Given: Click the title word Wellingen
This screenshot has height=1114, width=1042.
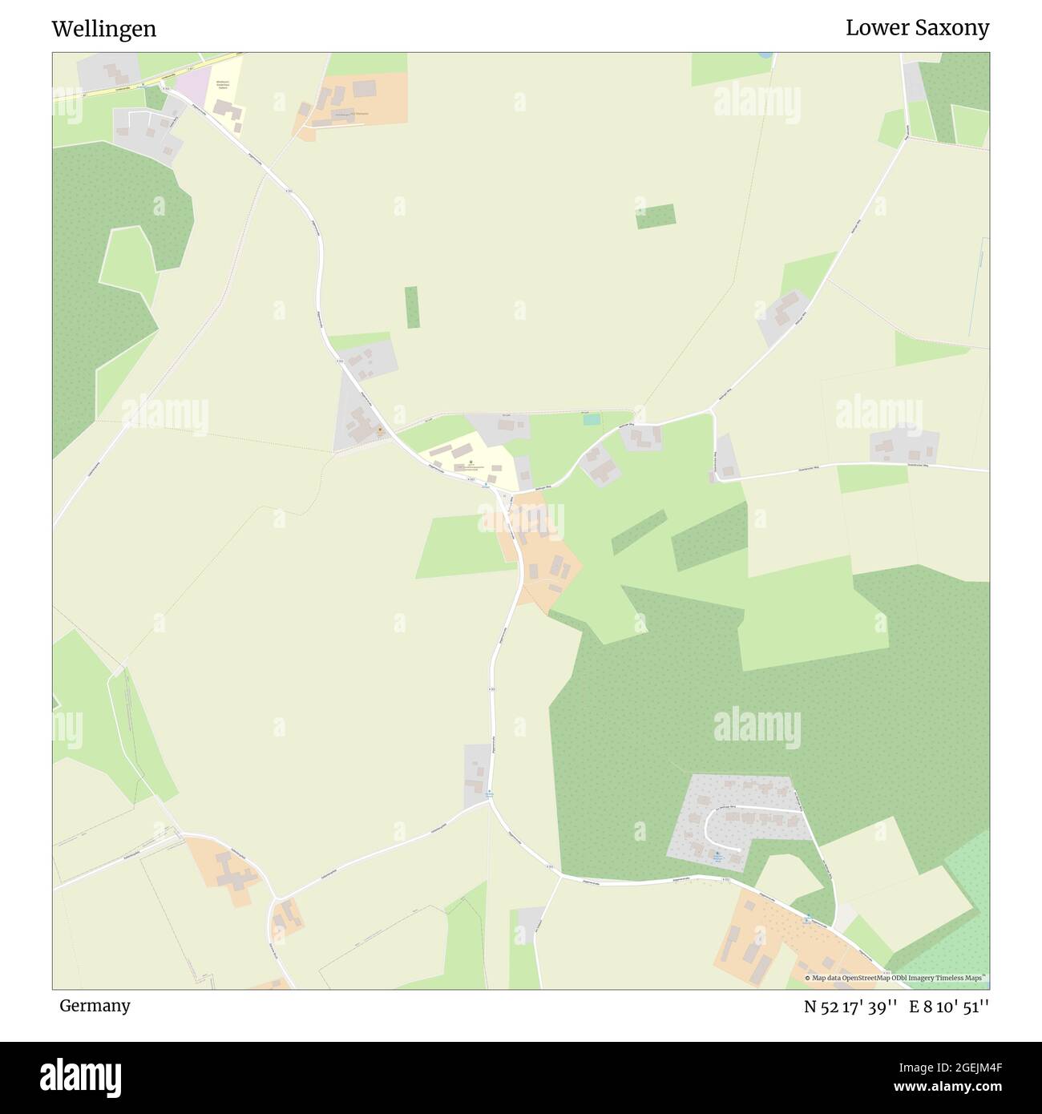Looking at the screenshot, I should coord(104,29).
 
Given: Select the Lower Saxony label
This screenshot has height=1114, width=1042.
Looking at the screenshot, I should coord(917,28).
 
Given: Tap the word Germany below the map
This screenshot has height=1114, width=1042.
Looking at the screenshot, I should coord(95,1005).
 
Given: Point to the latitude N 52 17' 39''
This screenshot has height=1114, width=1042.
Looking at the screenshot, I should coord(850,1007).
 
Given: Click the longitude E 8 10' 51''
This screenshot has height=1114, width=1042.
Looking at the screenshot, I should coord(949,1007).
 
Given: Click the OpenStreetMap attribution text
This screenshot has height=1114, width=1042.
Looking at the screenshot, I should coord(897,978).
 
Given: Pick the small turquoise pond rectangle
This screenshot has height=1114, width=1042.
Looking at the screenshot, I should coord(592,419).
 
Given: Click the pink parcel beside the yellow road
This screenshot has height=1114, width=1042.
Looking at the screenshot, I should coord(191,85).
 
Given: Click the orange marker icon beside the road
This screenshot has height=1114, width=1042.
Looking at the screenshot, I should coord(380,430).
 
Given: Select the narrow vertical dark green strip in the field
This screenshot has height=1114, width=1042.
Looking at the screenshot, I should coord(412,307).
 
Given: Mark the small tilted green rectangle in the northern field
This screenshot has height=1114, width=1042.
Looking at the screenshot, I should coord(656,216).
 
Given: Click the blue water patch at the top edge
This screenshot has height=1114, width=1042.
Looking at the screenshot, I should coord(765,55).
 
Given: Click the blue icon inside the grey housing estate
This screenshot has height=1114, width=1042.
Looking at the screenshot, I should coord(717,855).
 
